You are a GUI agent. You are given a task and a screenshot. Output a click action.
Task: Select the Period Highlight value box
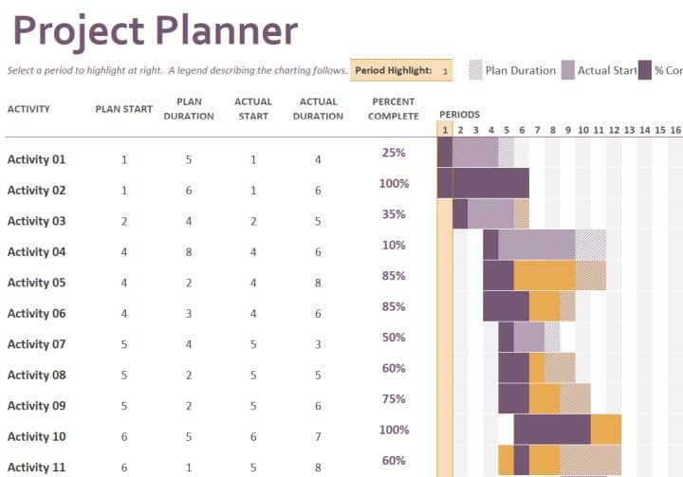pos(445,70)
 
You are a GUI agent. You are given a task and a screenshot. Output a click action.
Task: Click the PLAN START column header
pos(124,109)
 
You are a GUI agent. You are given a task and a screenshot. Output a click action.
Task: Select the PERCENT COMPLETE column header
pos(395,109)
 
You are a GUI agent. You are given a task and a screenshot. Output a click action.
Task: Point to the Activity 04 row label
pos(37,252)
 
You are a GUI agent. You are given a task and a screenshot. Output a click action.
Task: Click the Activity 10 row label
pos(37,437)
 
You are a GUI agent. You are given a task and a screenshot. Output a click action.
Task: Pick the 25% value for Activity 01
pos(394,153)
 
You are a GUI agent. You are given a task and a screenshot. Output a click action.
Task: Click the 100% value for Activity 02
pos(394,184)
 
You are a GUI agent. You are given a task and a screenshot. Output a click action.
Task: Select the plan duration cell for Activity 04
pos(189,252)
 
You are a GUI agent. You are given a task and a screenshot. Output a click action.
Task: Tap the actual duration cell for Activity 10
pos(318,437)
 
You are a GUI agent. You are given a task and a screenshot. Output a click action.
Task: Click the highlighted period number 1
pos(445,130)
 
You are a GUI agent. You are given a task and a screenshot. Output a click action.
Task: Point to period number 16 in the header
pos(674,130)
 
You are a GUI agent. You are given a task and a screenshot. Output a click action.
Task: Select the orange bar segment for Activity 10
pos(605,430)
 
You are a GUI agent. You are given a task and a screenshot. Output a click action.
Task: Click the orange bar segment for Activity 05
pos(545,275)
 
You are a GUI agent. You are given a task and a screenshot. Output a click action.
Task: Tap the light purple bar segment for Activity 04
pos(536,245)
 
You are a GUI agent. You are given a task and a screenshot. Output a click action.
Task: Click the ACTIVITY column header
pos(29,109)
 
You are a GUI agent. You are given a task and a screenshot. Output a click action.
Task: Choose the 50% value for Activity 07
pos(394,338)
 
